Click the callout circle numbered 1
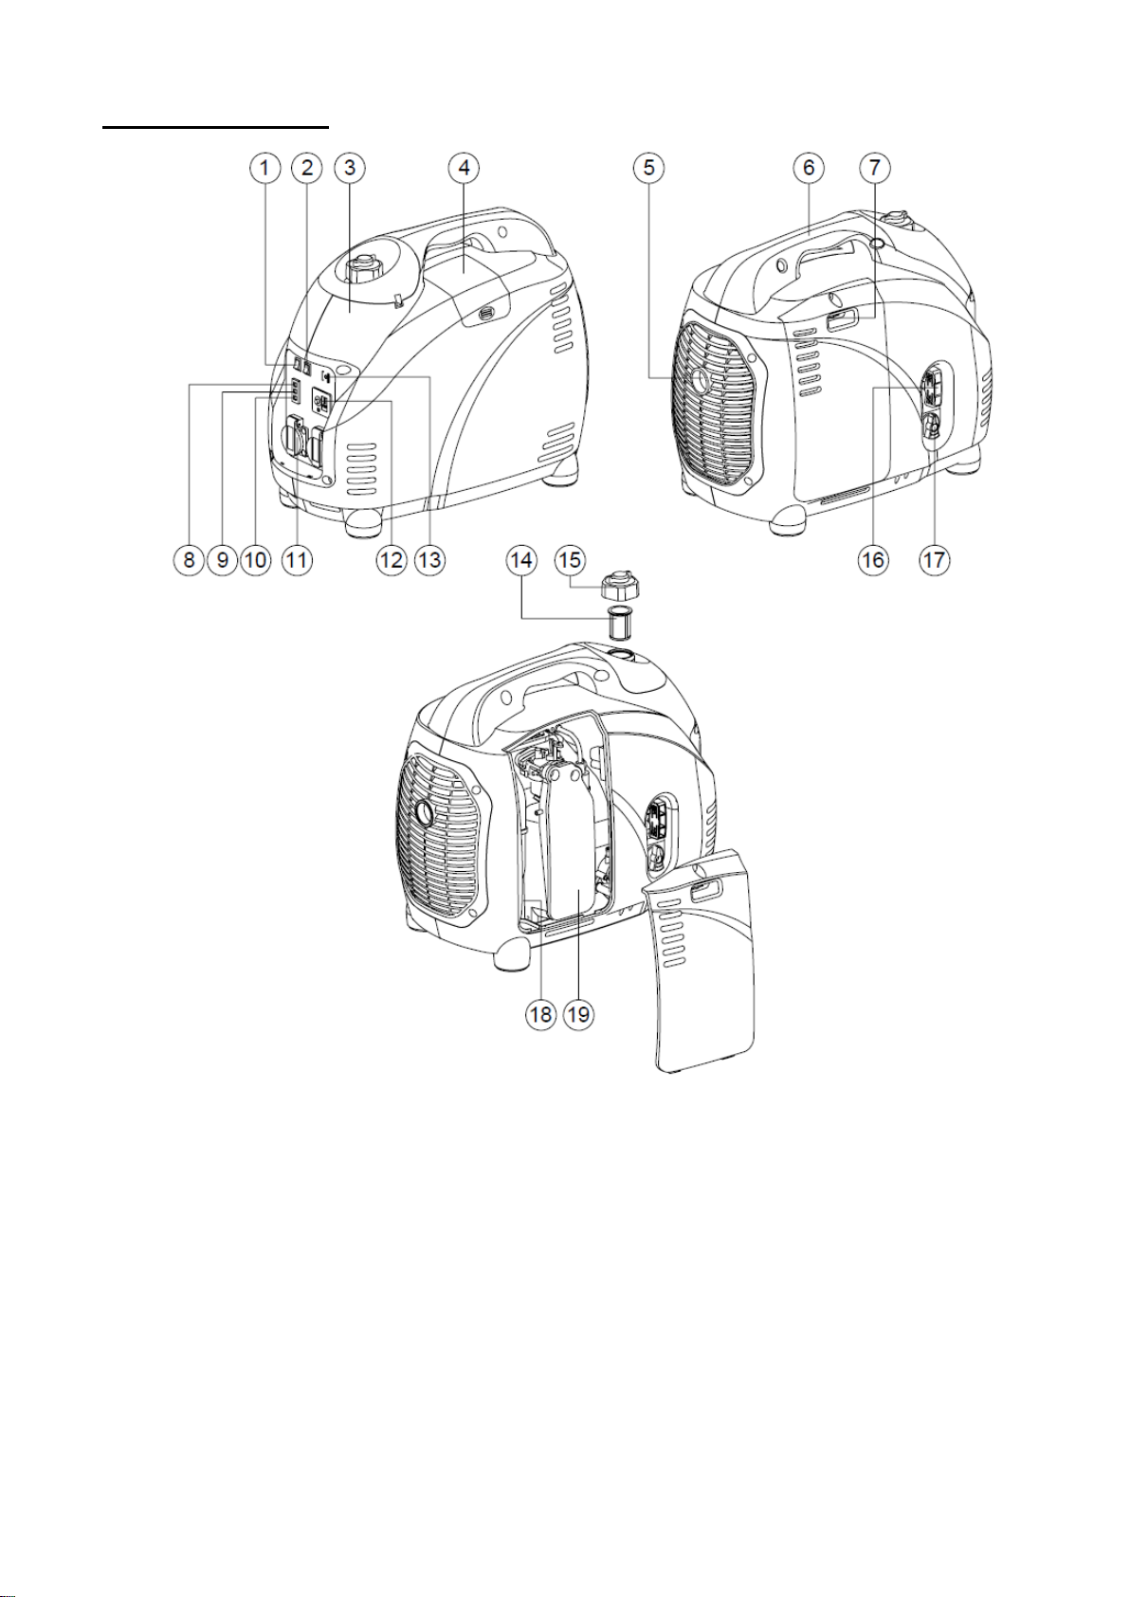click(264, 169)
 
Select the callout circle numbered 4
click(464, 169)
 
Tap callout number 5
click(648, 169)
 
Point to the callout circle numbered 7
click(875, 169)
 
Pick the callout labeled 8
click(189, 559)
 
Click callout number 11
click(297, 559)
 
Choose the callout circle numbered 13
click(430, 559)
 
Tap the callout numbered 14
click(521, 560)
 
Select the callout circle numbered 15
click(570, 560)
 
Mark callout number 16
click(873, 559)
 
